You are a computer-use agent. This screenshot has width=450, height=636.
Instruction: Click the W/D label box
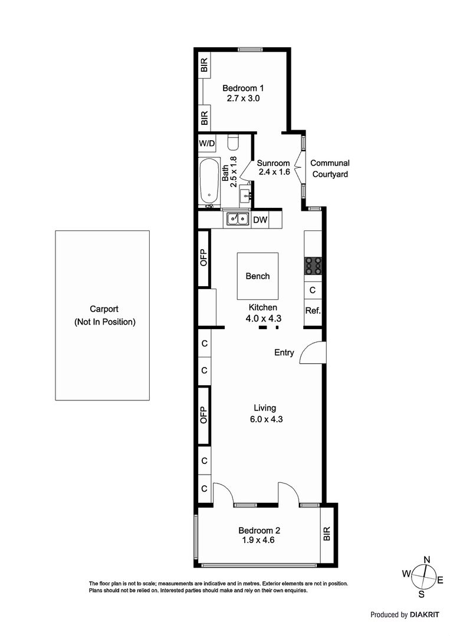click(x=207, y=143)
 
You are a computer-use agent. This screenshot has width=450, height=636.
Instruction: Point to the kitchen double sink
click(x=238, y=220)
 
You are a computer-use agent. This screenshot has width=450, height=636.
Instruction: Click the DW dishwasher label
click(x=260, y=220)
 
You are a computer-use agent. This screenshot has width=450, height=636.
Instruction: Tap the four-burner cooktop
click(x=313, y=267)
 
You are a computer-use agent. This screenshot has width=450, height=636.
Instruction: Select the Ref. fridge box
click(x=313, y=310)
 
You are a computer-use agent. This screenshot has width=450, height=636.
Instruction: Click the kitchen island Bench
click(x=258, y=276)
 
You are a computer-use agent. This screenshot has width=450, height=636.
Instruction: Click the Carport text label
click(x=104, y=309)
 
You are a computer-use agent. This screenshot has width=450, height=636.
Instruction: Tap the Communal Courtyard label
click(x=330, y=168)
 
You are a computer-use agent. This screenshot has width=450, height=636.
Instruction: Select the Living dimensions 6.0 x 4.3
click(x=265, y=419)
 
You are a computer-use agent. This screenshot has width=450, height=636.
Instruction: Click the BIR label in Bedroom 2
click(x=328, y=534)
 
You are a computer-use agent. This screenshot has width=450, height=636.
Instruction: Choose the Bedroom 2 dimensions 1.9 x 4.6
click(x=257, y=540)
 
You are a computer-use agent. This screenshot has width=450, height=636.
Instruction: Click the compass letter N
click(x=427, y=559)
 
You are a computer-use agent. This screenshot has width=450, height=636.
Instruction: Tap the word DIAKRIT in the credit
click(x=425, y=615)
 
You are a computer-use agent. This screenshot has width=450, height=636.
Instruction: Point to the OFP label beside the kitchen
click(x=203, y=259)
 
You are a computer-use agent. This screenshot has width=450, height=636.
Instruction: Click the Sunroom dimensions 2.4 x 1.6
click(x=274, y=173)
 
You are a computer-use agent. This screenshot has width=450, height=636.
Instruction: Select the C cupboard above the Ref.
click(x=313, y=290)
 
